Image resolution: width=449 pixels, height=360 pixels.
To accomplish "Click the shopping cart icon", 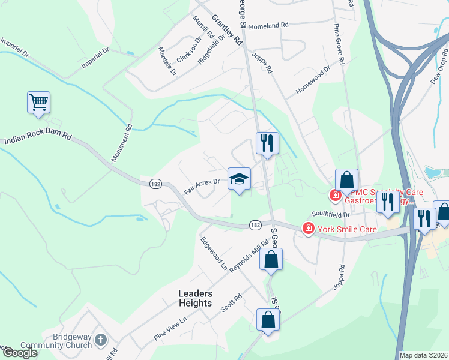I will [38, 103].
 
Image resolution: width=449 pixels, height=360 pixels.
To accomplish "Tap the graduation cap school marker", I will [239, 179].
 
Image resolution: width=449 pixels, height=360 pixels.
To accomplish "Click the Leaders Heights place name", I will [195, 298].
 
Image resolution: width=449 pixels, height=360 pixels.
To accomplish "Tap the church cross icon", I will [101, 340].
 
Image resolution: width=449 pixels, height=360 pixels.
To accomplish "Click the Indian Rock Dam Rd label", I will [38, 139].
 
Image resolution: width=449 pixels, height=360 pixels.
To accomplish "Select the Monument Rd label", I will [121, 143].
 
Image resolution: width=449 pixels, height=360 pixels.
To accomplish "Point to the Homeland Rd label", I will [270, 26].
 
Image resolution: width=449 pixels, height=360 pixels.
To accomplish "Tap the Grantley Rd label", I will [232, 32].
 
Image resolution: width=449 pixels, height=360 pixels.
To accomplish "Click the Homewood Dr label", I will [313, 82].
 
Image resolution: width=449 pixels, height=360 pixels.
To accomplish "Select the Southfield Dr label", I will [330, 214].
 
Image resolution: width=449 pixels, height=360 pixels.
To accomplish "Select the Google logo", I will [20, 353].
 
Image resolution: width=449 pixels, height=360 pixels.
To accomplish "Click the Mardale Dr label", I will [167, 61].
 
